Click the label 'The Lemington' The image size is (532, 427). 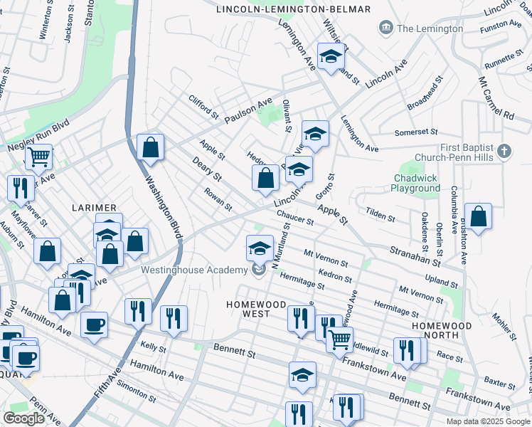pos(430,28)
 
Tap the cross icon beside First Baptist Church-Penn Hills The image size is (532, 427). pos(504,151)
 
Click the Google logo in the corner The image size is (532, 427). pos(23,418)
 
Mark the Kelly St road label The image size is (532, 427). pos(153,347)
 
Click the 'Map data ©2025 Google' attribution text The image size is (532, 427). pos(487,421)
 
